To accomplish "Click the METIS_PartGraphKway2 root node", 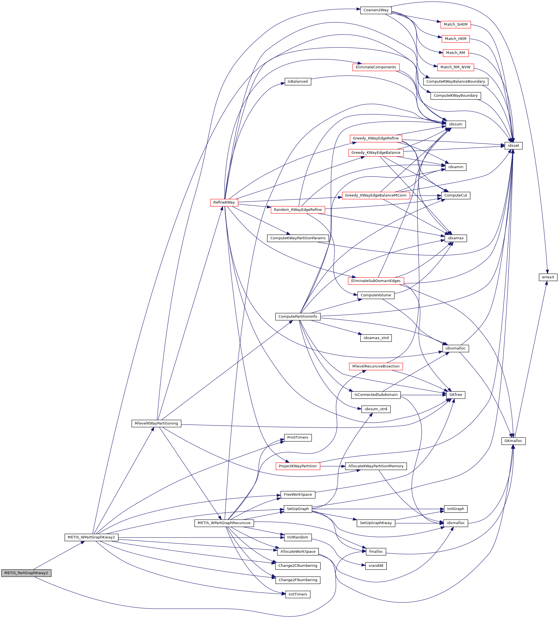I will tap(26, 573).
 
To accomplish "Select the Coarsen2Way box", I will tap(376, 10).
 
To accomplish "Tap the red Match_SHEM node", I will tap(455, 24).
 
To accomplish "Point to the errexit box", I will tap(548, 277).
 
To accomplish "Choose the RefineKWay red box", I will tap(224, 202).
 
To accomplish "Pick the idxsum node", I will tap(455, 124).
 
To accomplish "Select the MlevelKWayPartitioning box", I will tap(156, 423).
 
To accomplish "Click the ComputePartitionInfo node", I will tap(298, 316).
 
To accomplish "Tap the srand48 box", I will tap(376, 566).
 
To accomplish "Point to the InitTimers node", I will tap(298, 594).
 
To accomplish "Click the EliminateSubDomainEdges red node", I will tap(376, 281).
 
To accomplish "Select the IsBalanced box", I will tap(298, 82).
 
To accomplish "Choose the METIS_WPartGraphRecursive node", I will tap(224, 523).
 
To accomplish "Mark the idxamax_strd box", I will tap(376, 338).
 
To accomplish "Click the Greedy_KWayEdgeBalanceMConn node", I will tap(376, 195).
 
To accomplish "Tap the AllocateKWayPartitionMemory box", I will tap(376, 466).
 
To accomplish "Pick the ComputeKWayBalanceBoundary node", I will tap(455, 82).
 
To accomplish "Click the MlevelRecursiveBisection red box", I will tap(376, 366).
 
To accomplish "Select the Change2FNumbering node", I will tap(298, 580).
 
